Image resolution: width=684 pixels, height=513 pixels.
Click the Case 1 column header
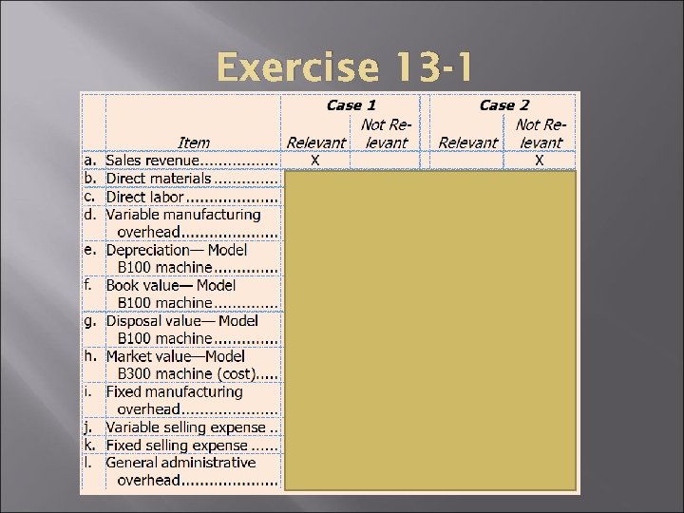pos(351,105)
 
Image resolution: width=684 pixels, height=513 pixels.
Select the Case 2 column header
pos(503,105)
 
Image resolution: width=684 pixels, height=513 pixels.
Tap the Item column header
pos(194,142)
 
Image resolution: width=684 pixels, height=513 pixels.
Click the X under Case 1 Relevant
pos(315,161)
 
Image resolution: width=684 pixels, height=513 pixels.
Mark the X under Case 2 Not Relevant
pos(539,161)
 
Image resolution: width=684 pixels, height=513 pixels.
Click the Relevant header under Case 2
pos(467,142)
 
